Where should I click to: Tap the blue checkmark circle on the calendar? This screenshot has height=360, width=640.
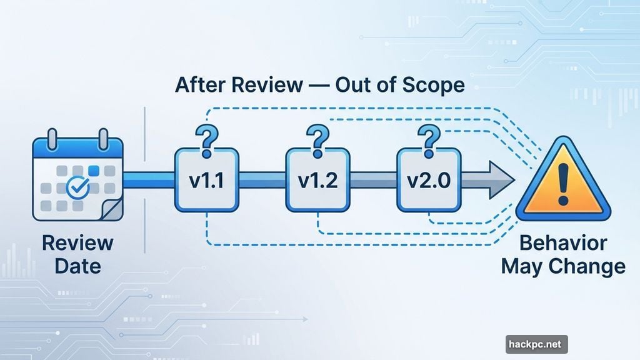tap(78, 186)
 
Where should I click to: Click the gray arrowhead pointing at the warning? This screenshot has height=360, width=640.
tap(500, 180)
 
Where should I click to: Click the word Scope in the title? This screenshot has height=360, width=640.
tap(431, 84)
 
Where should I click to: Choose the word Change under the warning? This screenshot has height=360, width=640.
tap(587, 267)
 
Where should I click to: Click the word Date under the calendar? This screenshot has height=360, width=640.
tap(77, 266)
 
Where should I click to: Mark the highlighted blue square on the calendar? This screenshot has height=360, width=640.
tap(94, 170)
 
